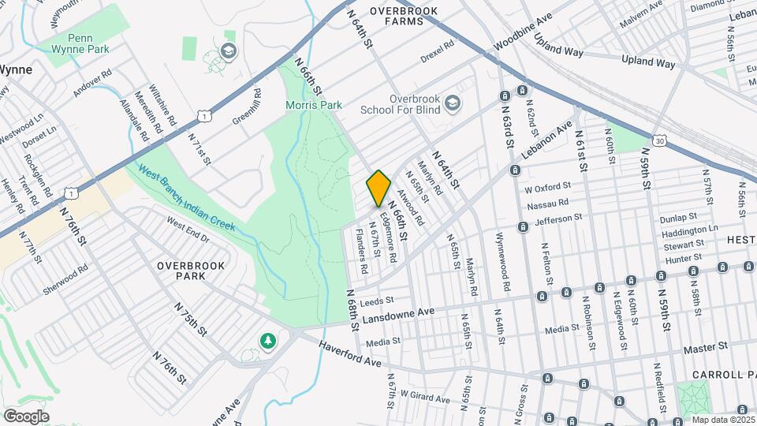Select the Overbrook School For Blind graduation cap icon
(x=452, y=103)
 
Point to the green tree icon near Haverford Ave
(x=269, y=341)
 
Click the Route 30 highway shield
(x=658, y=140)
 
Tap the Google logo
(x=26, y=416)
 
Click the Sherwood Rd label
(x=65, y=282)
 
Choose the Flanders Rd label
(x=360, y=251)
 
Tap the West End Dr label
(x=188, y=228)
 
